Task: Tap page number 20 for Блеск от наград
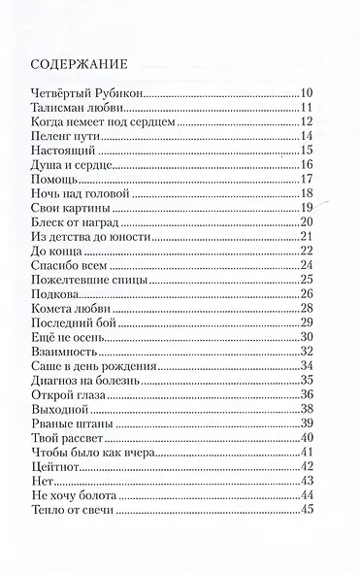[308, 222]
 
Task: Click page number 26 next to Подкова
[308, 294]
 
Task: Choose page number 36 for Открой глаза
[308, 394]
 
